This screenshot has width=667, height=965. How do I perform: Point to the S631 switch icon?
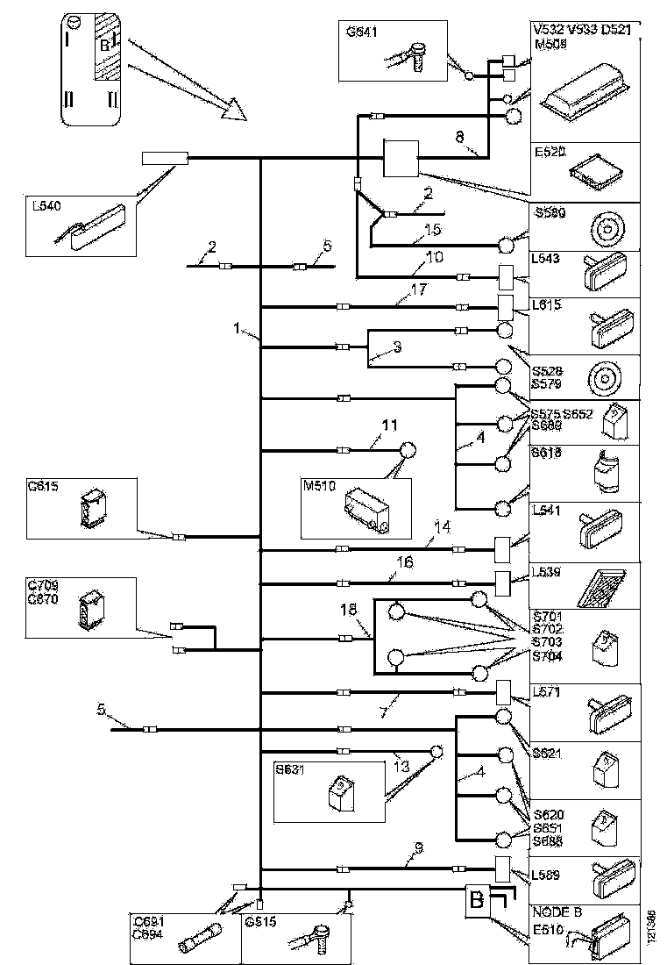(338, 792)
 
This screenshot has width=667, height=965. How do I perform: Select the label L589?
(547, 875)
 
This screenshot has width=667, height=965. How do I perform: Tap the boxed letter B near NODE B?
(476, 901)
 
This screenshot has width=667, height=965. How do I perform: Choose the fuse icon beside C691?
(197, 945)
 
